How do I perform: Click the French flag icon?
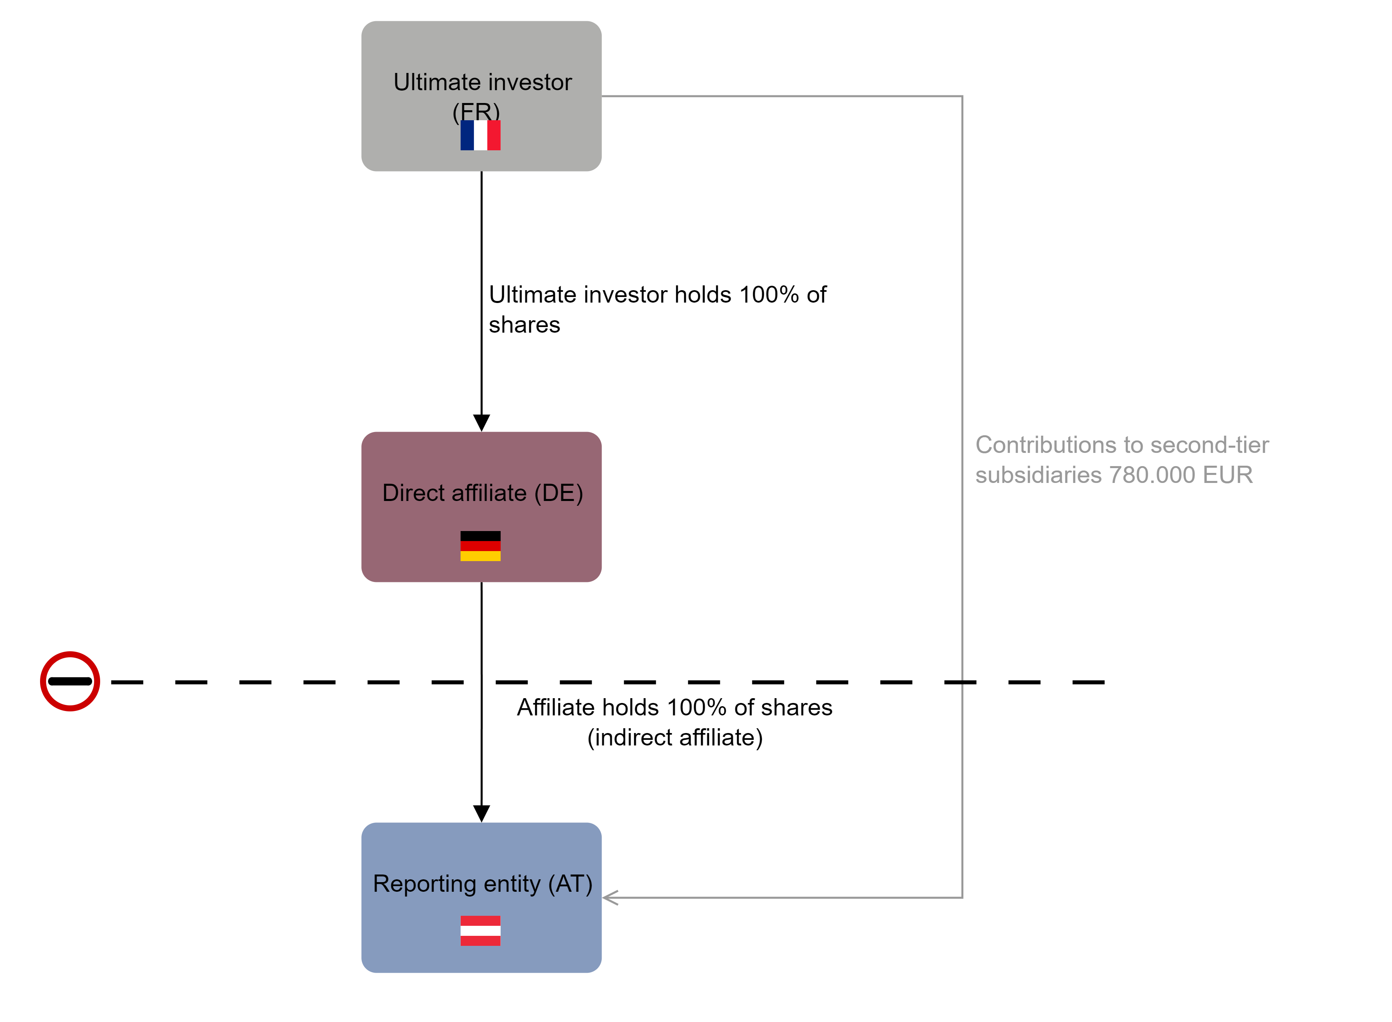click(x=481, y=135)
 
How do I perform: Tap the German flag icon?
click(x=481, y=546)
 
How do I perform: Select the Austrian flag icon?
click(x=481, y=931)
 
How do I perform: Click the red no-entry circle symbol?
click(x=70, y=681)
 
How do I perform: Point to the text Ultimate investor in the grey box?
click(x=482, y=82)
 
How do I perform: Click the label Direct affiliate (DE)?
click(x=482, y=493)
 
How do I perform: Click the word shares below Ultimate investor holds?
click(x=524, y=325)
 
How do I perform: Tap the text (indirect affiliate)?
click(x=675, y=737)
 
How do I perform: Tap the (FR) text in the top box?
click(x=476, y=112)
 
